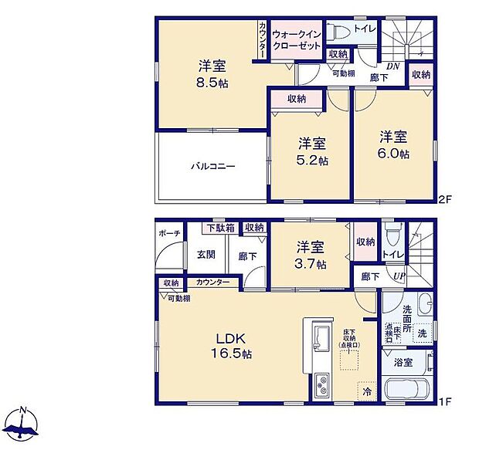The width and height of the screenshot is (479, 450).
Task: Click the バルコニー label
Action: (213, 167)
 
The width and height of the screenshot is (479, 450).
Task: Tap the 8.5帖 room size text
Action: (210, 81)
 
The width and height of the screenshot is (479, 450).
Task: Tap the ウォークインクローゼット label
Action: (296, 41)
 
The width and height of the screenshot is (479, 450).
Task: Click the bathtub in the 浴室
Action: (409, 387)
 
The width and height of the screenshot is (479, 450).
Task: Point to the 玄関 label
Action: (206, 255)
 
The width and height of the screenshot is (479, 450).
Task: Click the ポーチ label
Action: (170, 232)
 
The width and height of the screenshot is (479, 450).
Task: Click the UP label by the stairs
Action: (399, 276)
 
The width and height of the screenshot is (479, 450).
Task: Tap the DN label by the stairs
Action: (394, 66)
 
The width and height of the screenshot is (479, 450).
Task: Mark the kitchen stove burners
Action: (322, 384)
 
